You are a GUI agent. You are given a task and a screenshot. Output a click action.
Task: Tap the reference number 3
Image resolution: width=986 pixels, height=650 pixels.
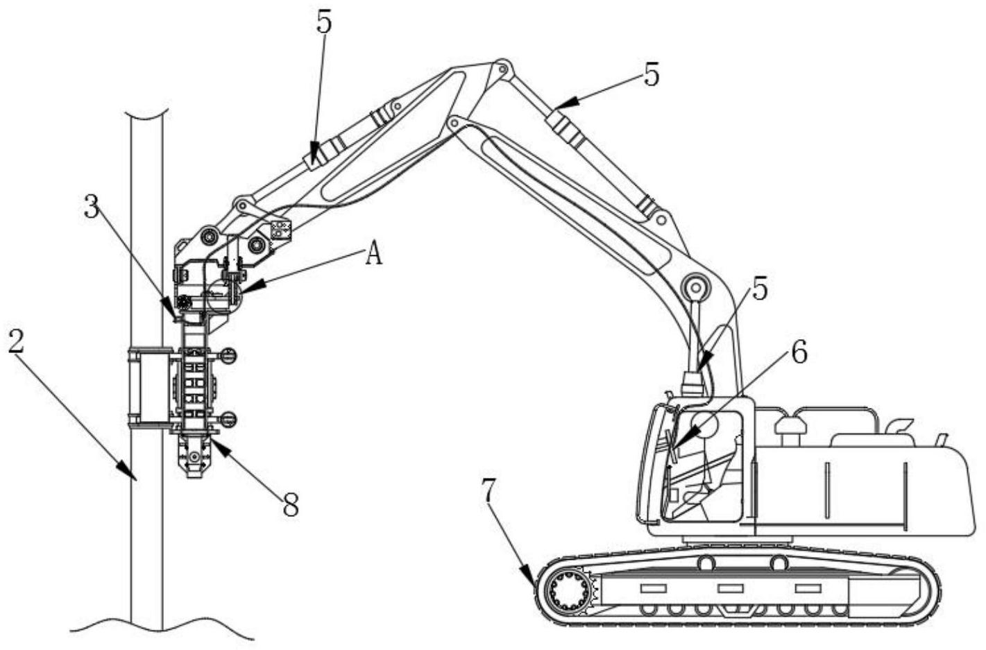point(91,206)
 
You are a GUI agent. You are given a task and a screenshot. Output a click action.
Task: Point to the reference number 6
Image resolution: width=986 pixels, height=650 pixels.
point(799,353)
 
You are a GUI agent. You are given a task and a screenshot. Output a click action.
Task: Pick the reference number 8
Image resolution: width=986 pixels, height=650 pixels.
point(291,505)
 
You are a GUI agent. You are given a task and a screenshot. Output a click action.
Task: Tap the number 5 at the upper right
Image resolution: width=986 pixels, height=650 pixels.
point(652,74)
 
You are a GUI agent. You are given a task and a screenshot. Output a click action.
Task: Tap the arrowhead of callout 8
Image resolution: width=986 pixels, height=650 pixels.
point(219,446)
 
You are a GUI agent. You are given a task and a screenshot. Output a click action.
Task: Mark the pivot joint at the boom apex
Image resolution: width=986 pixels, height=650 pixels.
point(500,69)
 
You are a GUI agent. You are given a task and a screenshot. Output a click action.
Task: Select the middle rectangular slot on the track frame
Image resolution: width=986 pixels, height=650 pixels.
point(730,588)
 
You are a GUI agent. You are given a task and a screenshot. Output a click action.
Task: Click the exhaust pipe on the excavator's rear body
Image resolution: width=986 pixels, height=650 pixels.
point(941,440)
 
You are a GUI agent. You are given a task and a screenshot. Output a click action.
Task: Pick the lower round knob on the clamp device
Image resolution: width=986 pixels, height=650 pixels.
point(228,418)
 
